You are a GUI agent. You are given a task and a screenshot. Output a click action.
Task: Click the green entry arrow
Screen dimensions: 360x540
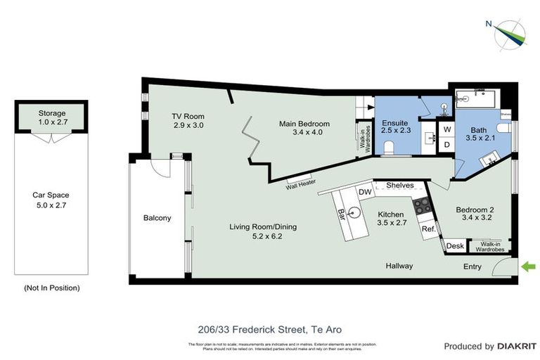[529, 266]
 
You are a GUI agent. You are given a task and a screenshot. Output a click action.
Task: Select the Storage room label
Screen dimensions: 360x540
[51, 117]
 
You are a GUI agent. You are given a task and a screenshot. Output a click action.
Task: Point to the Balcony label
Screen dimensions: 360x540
[157, 218]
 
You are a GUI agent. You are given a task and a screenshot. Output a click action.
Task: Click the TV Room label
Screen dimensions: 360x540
[188, 121]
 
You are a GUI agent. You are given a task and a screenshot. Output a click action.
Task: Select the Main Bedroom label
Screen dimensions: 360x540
[304, 128]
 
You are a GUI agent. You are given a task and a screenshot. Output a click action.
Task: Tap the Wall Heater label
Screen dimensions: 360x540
[300, 187]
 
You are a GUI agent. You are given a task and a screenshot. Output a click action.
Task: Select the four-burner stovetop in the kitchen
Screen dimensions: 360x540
[423, 205]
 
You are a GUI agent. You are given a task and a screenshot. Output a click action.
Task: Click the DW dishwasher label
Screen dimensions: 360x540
[364, 192]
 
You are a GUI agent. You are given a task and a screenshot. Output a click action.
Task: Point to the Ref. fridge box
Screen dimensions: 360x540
[427, 229]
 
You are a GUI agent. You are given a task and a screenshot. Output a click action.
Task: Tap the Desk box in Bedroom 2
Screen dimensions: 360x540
[455, 246]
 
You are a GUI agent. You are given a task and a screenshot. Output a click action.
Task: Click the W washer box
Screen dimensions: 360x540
[446, 130]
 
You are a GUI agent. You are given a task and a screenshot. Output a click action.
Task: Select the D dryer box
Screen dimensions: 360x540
[446, 144]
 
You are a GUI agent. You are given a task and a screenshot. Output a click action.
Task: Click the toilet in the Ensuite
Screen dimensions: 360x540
[388, 146]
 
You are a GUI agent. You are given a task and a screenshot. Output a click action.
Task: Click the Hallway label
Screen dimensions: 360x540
[399, 266]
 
